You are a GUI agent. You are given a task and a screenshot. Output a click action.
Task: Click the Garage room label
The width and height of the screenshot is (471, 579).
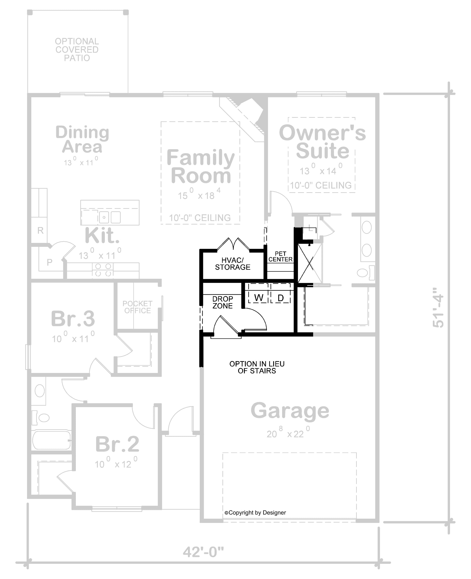click(x=290, y=411)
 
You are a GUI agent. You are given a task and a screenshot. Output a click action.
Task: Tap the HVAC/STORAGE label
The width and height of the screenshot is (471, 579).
click(x=232, y=264)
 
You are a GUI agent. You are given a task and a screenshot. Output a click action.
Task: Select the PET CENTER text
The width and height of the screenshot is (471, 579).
click(x=280, y=256)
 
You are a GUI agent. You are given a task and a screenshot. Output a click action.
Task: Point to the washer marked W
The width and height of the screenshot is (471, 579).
click(x=259, y=298)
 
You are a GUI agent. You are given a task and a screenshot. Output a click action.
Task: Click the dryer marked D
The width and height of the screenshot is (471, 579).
click(x=280, y=298)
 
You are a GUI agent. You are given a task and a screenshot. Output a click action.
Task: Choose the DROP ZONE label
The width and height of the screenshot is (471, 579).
click(x=223, y=302)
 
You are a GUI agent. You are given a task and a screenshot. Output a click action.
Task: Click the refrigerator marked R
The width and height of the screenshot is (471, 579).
click(x=40, y=230)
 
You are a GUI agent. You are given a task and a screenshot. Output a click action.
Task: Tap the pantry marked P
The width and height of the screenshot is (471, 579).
click(x=49, y=262)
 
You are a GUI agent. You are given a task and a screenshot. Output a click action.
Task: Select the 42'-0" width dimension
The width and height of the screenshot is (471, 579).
click(x=203, y=552)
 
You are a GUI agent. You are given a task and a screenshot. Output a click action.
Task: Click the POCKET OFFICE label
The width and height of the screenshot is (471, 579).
click(x=137, y=307)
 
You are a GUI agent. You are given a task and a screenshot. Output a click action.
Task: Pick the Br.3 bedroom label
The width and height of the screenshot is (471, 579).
click(x=73, y=319)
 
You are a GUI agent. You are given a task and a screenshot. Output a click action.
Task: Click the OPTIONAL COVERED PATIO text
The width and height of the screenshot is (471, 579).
click(x=77, y=50)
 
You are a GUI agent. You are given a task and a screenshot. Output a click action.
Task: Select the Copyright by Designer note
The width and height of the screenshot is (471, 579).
click(x=255, y=513)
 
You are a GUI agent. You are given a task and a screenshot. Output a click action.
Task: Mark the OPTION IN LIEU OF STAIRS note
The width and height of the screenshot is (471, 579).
click(x=257, y=367)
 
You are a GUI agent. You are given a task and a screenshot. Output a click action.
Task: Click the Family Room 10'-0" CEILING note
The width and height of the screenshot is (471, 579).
click(x=200, y=218)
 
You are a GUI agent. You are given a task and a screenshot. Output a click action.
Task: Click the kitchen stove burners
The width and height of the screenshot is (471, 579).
click(x=103, y=270)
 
